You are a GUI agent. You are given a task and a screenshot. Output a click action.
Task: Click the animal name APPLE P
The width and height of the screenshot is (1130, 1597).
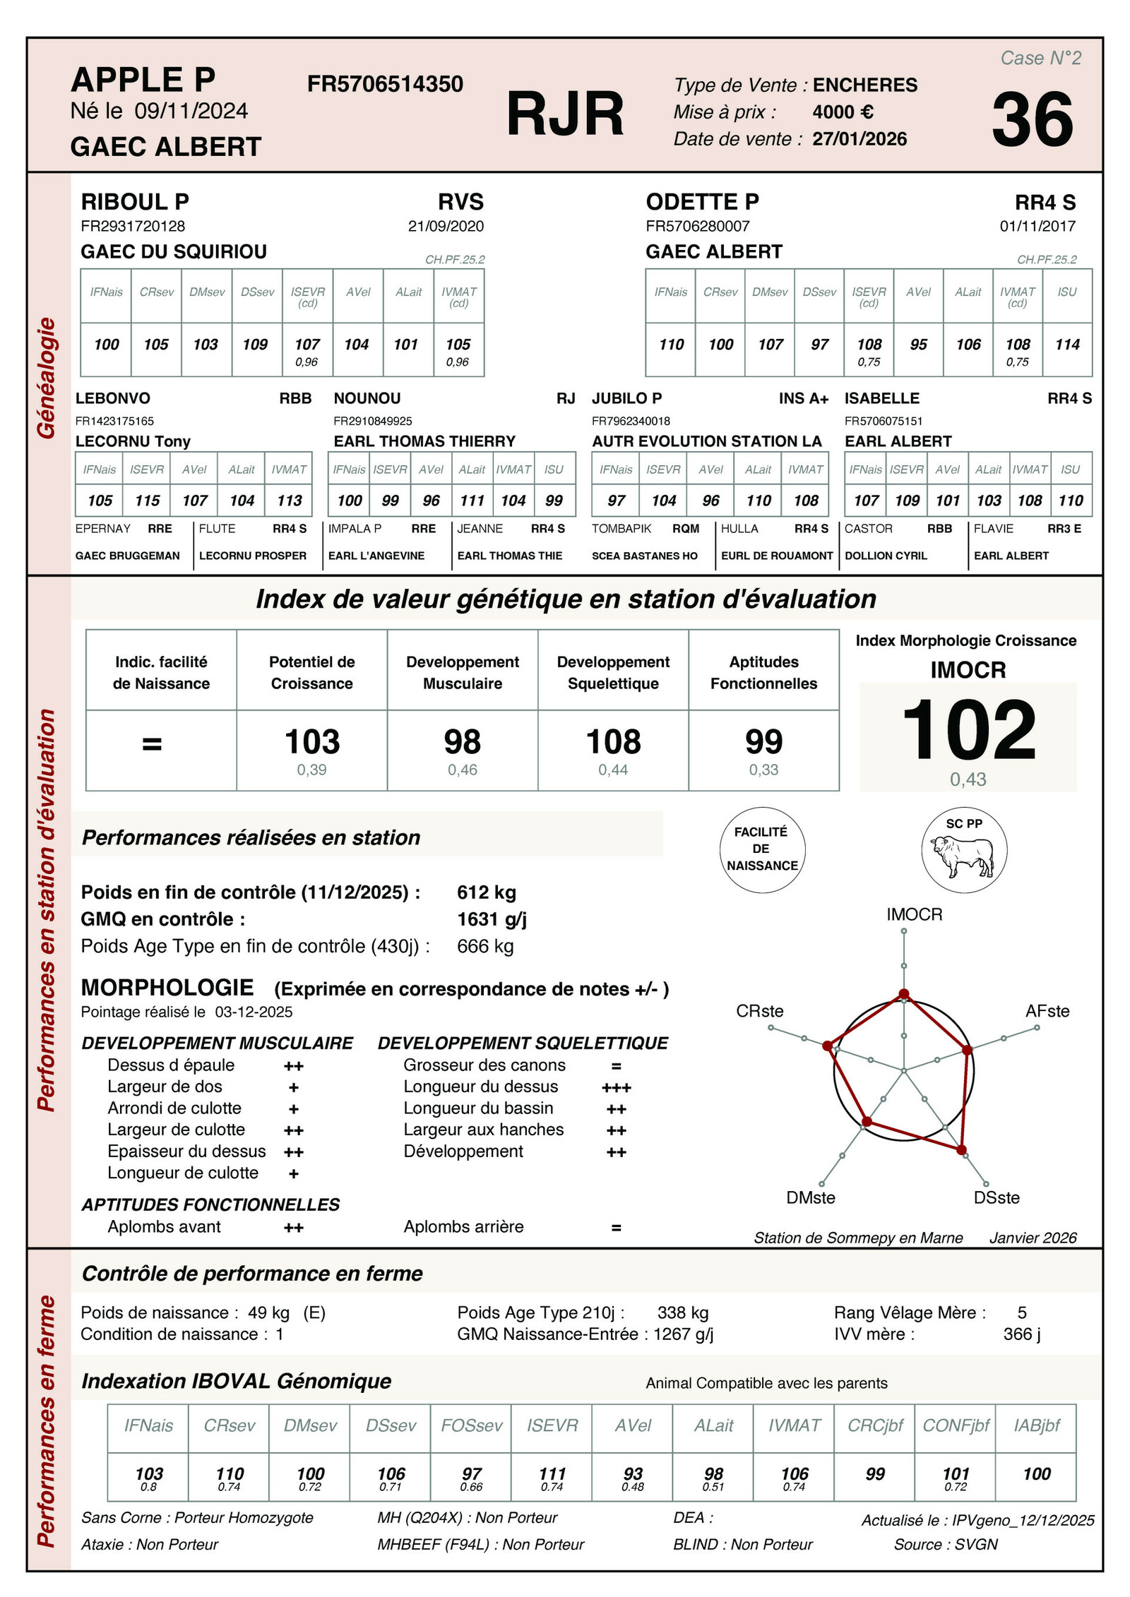143,80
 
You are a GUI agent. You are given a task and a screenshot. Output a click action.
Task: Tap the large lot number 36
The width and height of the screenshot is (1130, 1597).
1032,120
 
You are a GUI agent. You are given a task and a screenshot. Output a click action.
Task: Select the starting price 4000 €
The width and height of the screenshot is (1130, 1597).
843,112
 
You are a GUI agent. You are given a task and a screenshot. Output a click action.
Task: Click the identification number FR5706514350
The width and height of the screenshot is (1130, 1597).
385,84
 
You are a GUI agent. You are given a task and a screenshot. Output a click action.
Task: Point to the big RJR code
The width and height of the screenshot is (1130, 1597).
565,114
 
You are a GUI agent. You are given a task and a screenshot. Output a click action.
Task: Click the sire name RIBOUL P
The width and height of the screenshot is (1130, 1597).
135,202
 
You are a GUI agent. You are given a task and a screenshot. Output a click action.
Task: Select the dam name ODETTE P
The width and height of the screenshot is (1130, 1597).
702,202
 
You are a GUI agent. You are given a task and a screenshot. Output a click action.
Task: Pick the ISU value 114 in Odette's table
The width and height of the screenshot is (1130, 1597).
1067,345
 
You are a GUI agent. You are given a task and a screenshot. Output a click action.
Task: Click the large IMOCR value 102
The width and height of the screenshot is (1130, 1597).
968,731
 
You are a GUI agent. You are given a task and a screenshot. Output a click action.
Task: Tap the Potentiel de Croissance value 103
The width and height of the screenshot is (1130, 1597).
311,742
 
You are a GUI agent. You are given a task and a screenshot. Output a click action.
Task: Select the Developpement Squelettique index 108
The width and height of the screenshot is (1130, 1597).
613,742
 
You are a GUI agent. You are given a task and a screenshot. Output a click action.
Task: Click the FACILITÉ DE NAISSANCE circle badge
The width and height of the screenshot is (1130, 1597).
762,849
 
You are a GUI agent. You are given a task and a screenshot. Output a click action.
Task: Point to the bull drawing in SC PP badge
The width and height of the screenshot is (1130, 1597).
963,856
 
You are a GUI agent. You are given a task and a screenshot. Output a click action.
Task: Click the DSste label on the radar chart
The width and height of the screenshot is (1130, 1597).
996,1197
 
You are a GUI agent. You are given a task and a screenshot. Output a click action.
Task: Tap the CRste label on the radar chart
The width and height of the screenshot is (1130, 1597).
759,1011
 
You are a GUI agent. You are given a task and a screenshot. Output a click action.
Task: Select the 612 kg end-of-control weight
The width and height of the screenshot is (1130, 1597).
486,892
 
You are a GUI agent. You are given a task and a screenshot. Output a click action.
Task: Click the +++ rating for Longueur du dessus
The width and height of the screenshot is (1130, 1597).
616,1088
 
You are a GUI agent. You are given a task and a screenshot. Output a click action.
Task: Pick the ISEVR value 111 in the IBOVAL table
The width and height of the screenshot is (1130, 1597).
552,1473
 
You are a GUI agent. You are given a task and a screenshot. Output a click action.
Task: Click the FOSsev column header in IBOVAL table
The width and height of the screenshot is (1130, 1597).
471,1425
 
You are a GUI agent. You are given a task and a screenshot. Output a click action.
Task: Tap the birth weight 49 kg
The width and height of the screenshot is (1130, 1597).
268,1312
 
